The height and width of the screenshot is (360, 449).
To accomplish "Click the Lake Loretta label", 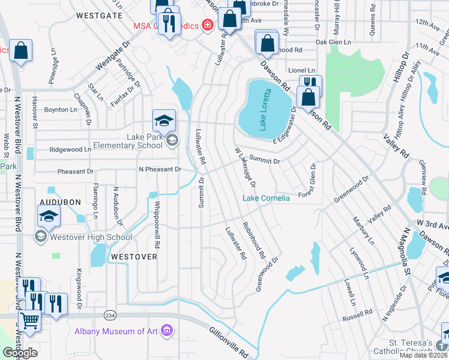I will point(267,109).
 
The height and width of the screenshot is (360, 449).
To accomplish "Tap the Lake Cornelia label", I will point(266,198).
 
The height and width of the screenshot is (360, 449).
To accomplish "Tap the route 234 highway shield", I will point(110,315).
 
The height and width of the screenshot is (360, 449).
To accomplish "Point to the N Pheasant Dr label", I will point(160,170).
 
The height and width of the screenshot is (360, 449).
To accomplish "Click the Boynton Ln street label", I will point(61,110).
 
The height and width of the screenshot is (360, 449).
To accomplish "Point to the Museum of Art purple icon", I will point(167,331).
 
